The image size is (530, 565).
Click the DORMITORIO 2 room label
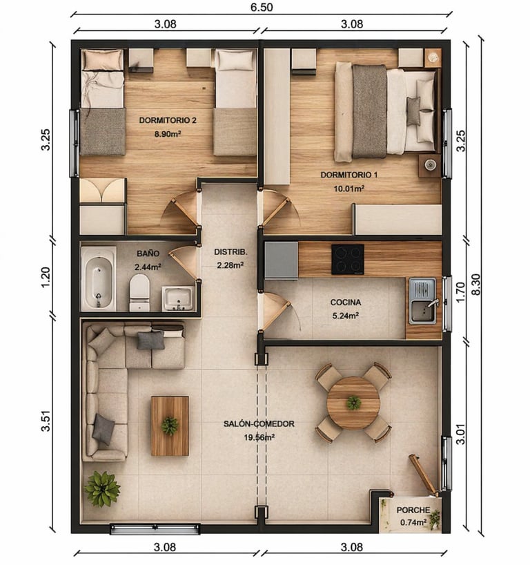168,120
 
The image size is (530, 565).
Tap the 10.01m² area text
349,189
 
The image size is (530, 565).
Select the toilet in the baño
139,293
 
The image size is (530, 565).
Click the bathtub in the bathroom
99,278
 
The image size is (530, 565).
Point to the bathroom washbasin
178,298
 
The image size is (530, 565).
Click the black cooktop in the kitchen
347,260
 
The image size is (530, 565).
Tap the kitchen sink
423,300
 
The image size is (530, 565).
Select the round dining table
353,403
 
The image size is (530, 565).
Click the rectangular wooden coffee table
170,426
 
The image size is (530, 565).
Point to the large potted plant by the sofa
102,489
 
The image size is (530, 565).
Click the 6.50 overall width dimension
262,7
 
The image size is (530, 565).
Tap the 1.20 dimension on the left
46,277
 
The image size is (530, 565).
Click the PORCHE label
413,510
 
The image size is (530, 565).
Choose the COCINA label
346,303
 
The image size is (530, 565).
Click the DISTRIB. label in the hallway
230,252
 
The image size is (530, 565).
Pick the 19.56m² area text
259,438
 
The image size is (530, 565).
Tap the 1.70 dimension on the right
461,292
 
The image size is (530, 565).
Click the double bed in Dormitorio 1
386,112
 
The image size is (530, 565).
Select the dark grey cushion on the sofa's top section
151,341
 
